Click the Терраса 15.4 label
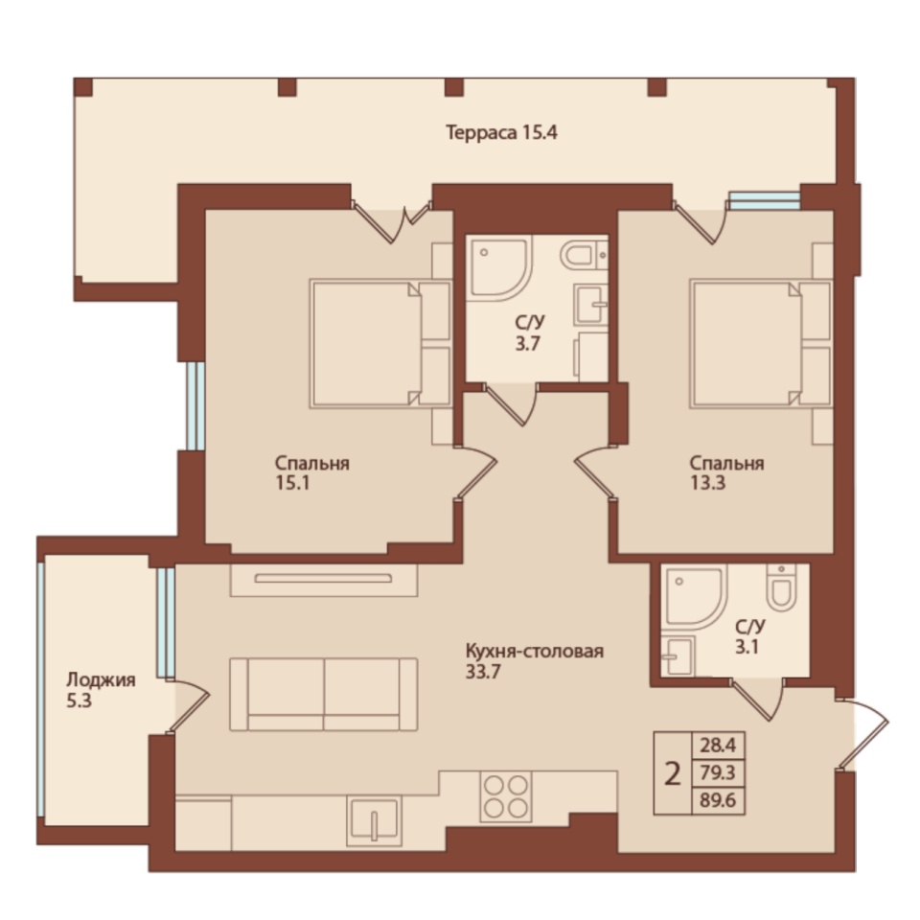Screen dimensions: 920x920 (x=501, y=132)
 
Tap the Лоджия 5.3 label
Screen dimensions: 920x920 (x=101, y=690)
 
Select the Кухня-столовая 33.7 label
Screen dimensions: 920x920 (x=535, y=660)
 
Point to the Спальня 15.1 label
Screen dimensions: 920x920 (x=312, y=472)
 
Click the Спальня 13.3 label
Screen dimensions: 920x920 (x=727, y=472)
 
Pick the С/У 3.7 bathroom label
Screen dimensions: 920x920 (x=530, y=333)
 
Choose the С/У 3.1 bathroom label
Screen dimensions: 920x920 (x=749, y=636)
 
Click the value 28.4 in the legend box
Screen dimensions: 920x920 (x=718, y=746)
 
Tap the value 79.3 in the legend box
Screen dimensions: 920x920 (x=718, y=772)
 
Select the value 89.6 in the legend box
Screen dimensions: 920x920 (x=718, y=800)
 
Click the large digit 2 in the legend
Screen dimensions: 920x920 (x=673, y=774)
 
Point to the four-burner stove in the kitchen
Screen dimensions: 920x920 (x=506, y=796)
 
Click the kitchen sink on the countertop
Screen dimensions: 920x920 (x=374, y=820)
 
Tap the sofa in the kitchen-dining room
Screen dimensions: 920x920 (x=323, y=694)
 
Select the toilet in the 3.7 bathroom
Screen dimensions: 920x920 (x=584, y=255)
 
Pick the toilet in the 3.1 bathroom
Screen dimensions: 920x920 (x=781, y=587)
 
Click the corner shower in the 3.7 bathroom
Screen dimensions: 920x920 (x=498, y=268)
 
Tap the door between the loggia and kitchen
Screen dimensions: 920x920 (x=188, y=706)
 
